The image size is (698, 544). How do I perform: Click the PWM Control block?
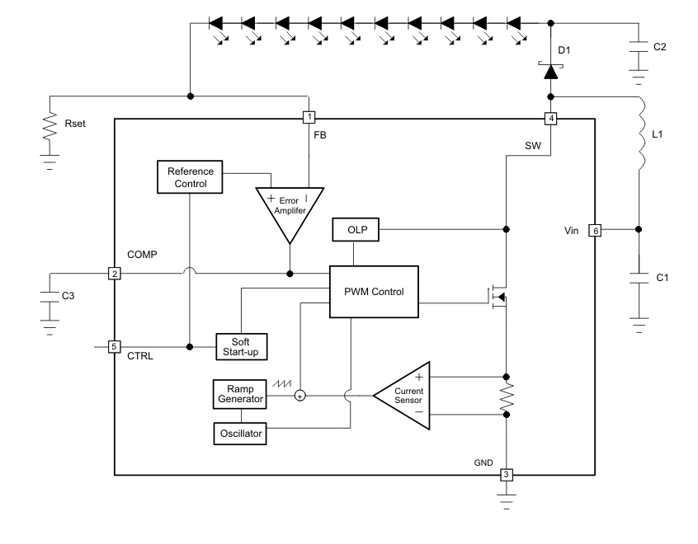pos(374,292)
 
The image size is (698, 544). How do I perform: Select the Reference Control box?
pos(190,176)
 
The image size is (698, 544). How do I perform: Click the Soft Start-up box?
pos(241,346)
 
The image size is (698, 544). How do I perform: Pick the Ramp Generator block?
pos(238,393)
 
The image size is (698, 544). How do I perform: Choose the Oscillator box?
pos(238,433)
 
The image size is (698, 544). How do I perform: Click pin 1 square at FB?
pos(309,118)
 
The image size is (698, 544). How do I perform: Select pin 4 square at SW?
pos(550,118)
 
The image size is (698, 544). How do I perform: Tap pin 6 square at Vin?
pos(594,231)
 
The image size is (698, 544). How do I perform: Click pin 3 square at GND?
pos(507,475)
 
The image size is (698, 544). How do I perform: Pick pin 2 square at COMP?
pos(115,273)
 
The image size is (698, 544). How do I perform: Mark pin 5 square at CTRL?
pos(115,346)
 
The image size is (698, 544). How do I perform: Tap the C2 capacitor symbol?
pos(639,48)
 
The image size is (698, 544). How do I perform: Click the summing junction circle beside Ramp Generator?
pos(299,396)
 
